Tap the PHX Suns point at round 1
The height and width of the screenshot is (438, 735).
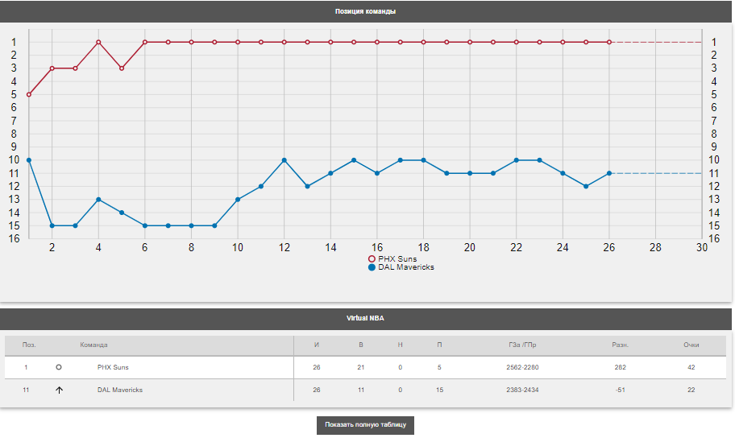(x=29, y=94)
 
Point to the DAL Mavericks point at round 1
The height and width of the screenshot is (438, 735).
(x=29, y=160)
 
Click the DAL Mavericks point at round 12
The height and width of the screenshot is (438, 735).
(x=284, y=160)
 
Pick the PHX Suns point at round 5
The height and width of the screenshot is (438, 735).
(x=122, y=68)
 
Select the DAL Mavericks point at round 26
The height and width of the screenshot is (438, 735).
(x=609, y=173)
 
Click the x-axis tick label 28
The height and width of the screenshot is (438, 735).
(x=655, y=248)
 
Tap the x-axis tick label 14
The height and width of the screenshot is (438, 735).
(x=330, y=248)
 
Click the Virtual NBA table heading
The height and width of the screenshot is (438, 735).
(x=366, y=319)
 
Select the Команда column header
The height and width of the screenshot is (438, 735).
(x=93, y=345)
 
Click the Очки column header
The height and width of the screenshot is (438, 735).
(x=691, y=345)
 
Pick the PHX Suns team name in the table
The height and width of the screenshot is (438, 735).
(x=113, y=367)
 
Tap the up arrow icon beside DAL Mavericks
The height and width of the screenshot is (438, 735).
(x=59, y=390)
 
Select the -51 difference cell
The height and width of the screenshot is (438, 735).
(x=621, y=390)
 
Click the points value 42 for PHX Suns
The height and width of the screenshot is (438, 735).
(x=691, y=367)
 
